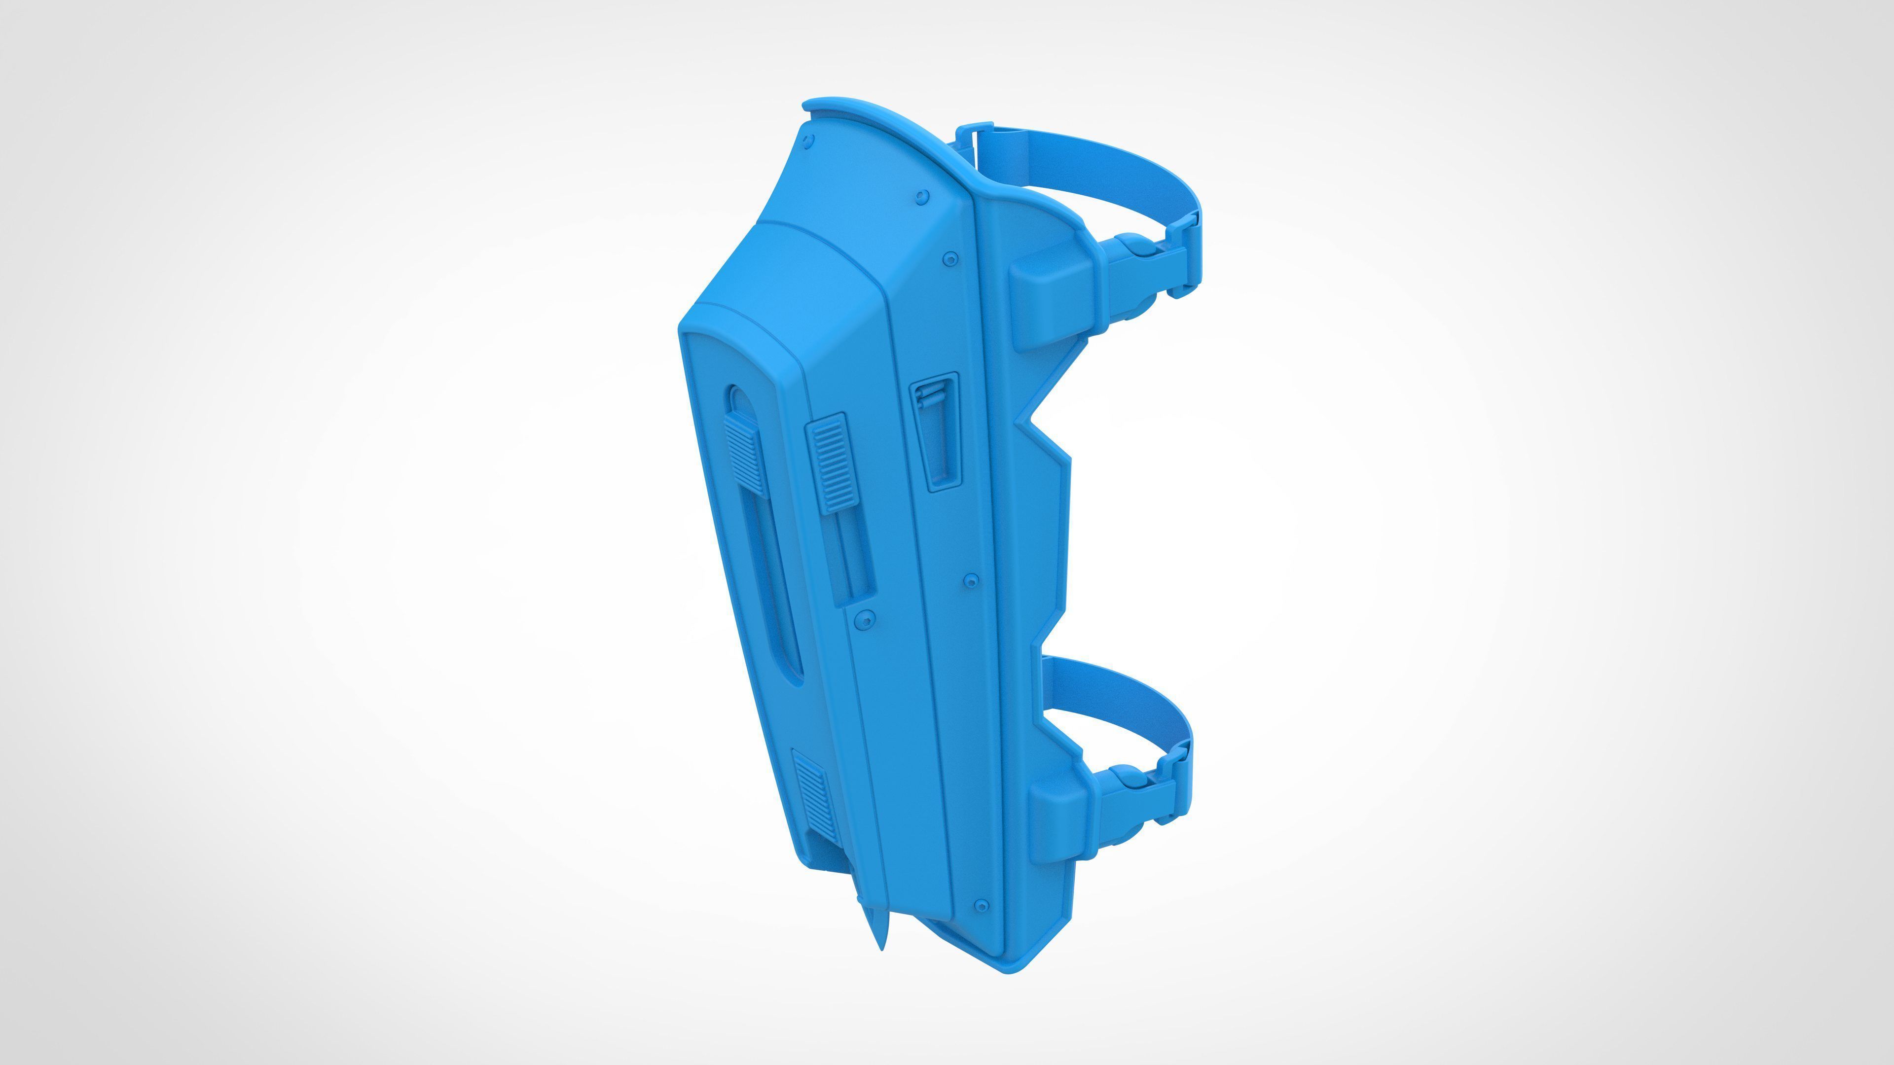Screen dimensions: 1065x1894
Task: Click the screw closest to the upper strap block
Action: point(950,259)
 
